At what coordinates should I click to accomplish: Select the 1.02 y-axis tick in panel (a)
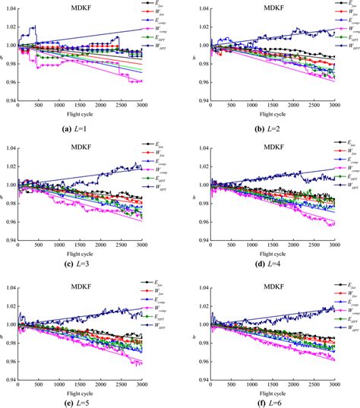pos(9,29)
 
